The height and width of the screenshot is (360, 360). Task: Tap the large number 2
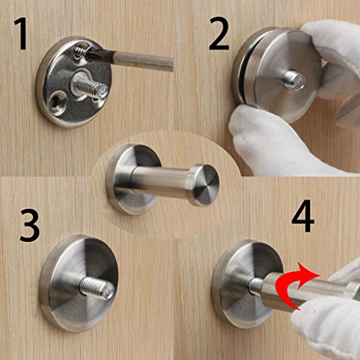tap(218, 34)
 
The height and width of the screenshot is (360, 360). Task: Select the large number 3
tap(30, 225)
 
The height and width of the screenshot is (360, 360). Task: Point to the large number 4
tap(303, 215)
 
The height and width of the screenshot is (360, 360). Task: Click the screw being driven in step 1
tap(81, 51)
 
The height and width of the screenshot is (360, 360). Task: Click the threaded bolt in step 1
tap(90, 86)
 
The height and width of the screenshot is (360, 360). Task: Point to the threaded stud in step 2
tap(294, 80)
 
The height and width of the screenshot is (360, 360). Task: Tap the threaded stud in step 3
tap(96, 287)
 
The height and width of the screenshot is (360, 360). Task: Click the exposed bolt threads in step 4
tap(256, 286)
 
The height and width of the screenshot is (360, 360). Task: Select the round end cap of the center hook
tap(204, 185)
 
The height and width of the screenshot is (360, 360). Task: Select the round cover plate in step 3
tap(78, 284)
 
